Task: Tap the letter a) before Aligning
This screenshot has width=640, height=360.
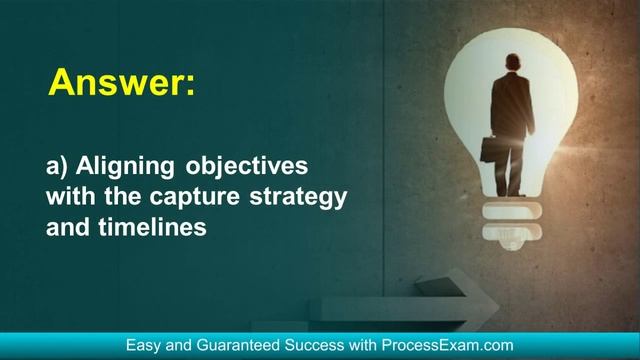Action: coord(57,165)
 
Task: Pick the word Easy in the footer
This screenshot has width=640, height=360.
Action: coord(143,345)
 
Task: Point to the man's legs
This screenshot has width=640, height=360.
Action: coord(512,165)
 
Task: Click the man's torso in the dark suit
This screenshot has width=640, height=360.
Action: coord(512,105)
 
